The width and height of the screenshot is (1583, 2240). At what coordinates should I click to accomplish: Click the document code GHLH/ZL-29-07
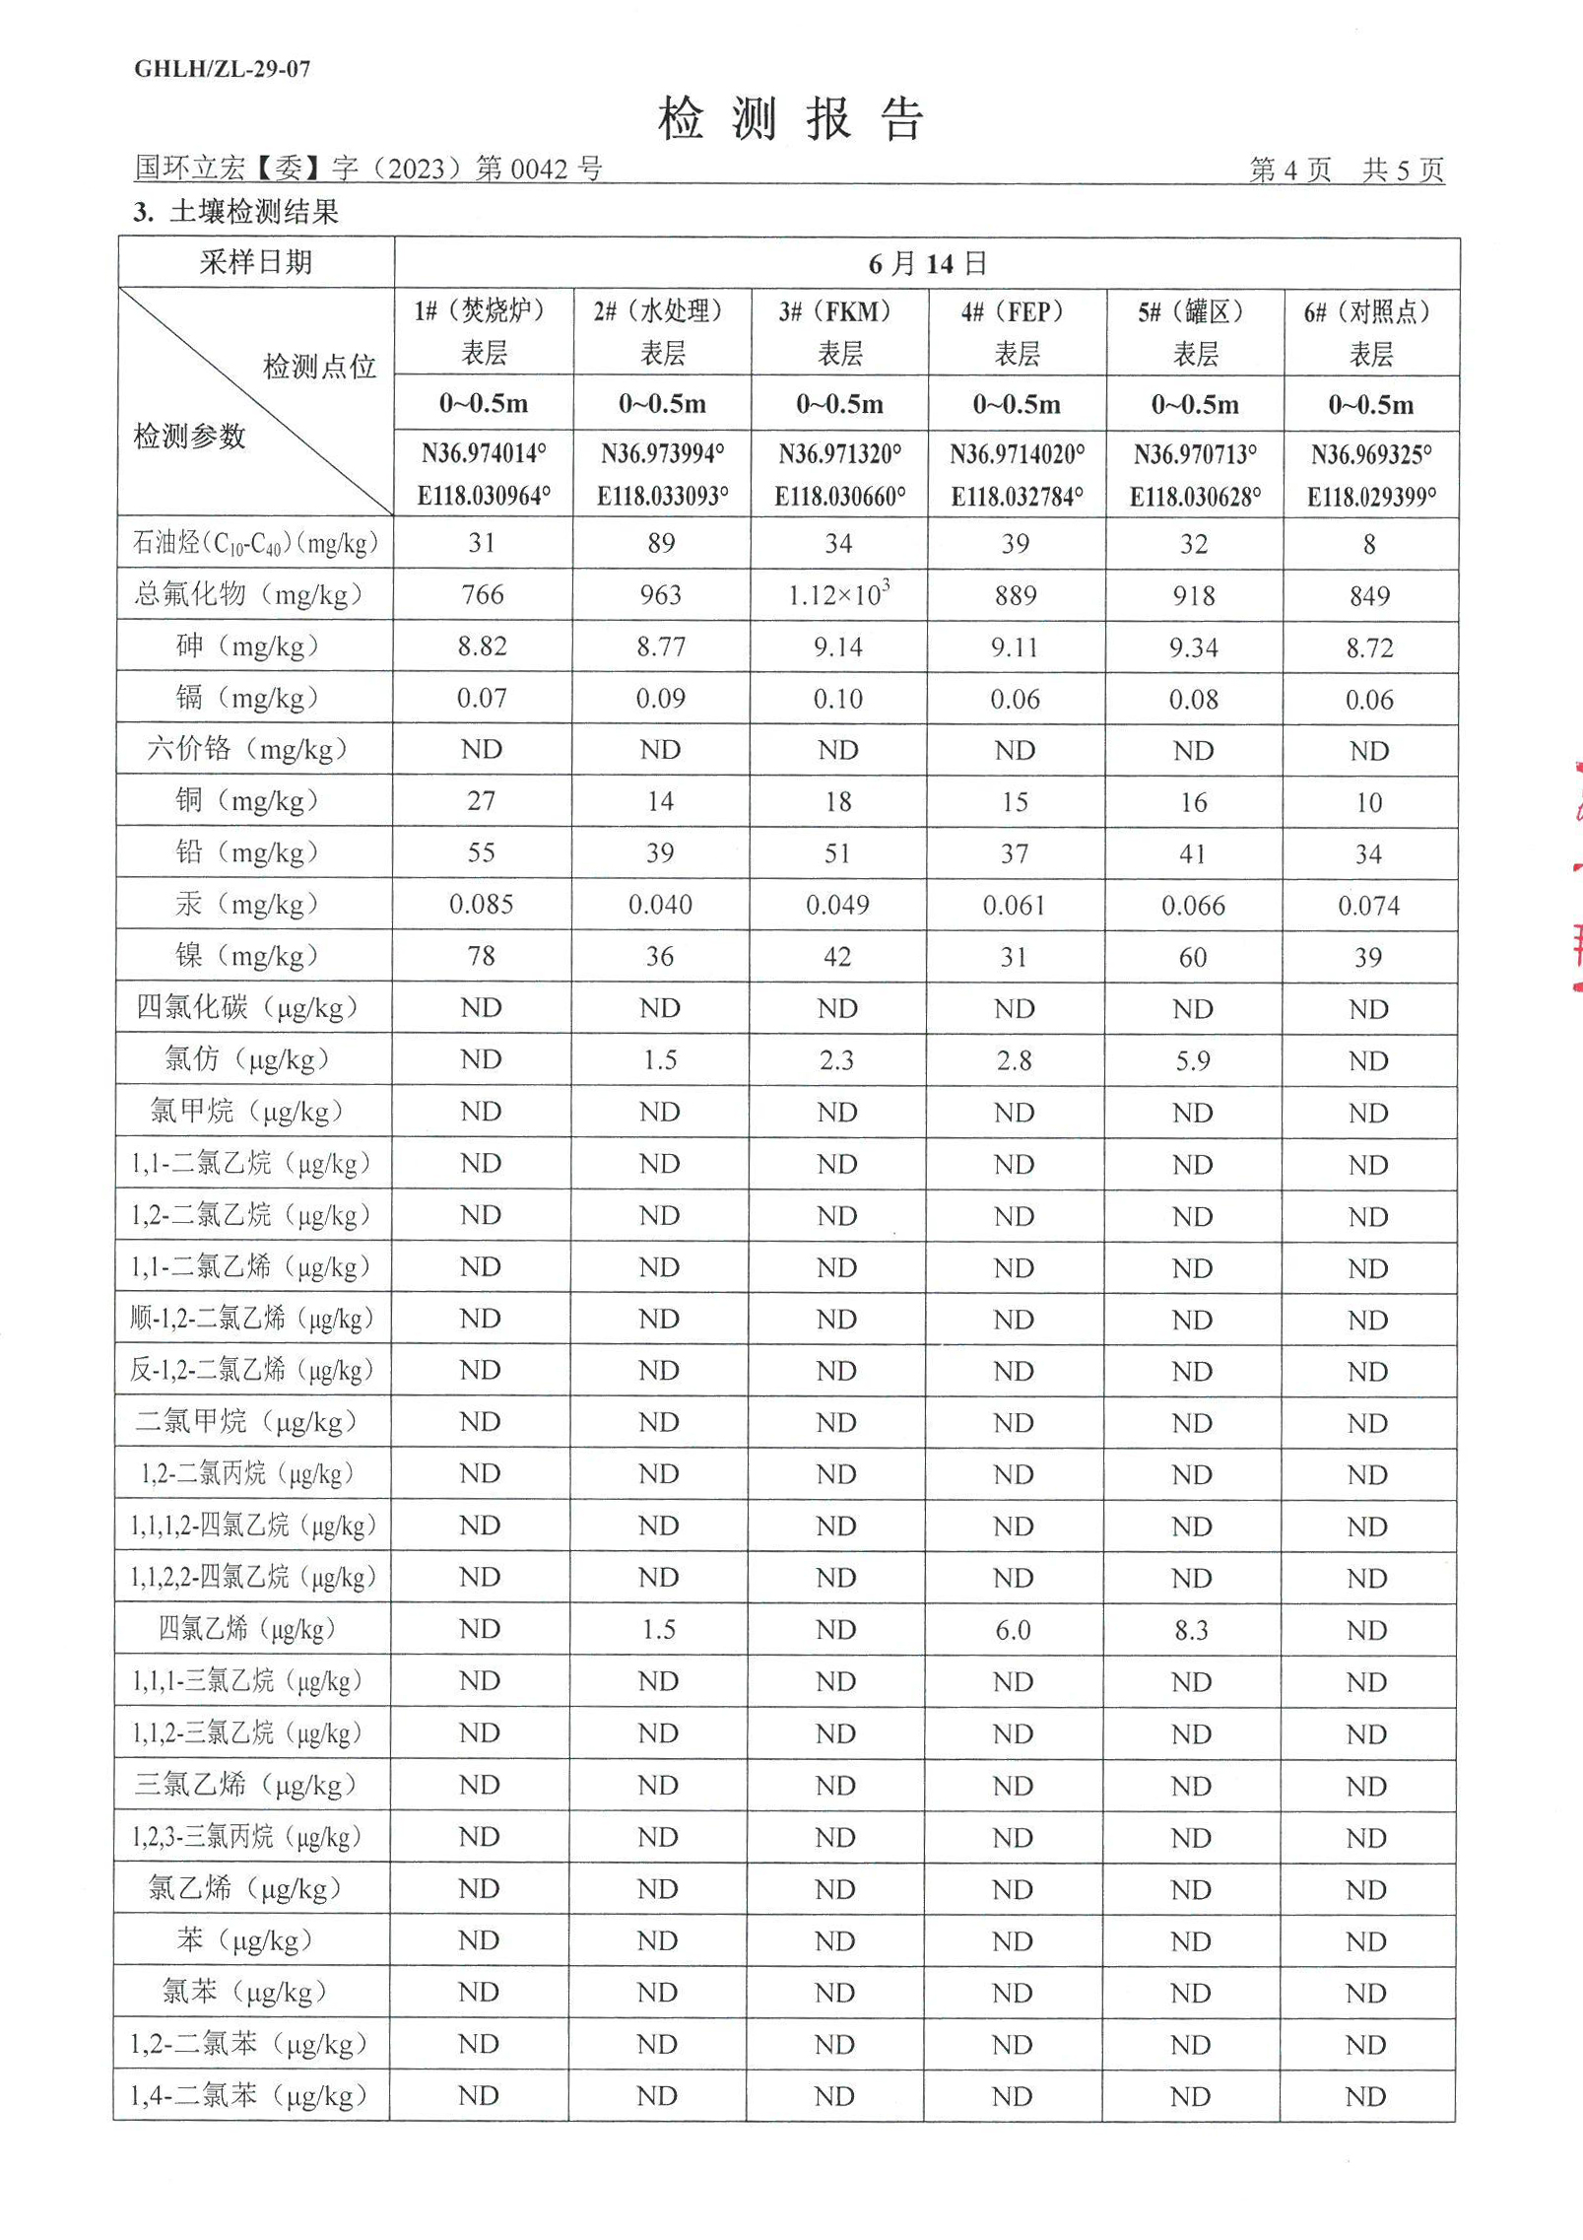[x=222, y=68]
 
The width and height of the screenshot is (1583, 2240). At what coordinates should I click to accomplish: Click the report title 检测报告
[x=790, y=120]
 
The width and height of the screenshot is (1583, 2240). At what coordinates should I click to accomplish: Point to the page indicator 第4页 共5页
[x=1346, y=170]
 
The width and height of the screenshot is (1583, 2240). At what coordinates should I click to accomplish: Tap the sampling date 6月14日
[x=927, y=263]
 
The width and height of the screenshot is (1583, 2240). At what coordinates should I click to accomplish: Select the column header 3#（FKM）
[x=839, y=312]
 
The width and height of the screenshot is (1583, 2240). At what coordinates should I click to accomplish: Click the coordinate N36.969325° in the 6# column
[x=1370, y=454]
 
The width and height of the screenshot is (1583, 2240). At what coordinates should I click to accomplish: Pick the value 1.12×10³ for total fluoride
[x=839, y=594]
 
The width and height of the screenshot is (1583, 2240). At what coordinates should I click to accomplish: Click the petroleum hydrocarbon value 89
[x=661, y=543]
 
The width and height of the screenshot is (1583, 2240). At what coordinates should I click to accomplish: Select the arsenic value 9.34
[x=1194, y=647]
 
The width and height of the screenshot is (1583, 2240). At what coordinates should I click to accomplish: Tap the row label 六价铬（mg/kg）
[x=247, y=749]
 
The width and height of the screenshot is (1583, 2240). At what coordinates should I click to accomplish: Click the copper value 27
[x=482, y=800]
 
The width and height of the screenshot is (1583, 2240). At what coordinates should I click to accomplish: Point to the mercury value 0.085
[x=482, y=904]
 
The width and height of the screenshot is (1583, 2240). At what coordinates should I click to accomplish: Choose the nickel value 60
[x=1193, y=957]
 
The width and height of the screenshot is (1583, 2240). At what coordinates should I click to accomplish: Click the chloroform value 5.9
[x=1193, y=1060]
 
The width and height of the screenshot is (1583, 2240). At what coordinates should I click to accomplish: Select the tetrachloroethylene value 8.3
[x=1192, y=1630]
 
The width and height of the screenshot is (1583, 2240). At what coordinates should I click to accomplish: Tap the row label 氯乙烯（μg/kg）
[x=244, y=1888]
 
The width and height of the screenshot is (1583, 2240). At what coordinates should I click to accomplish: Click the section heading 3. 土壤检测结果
[x=236, y=212]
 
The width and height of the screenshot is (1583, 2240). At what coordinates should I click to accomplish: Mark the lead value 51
[x=837, y=852]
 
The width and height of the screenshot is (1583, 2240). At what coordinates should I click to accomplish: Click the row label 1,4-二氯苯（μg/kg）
[x=248, y=2095]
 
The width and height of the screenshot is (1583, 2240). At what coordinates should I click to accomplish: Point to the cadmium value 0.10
[x=837, y=699]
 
